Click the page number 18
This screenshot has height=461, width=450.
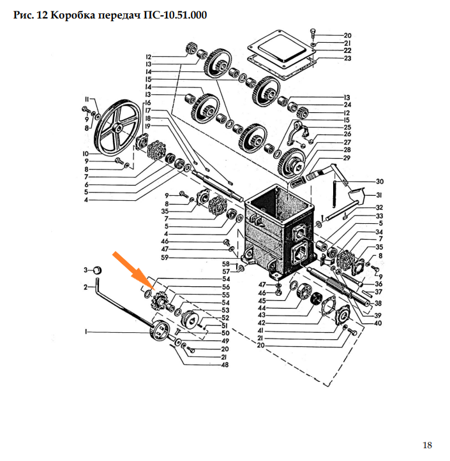[427, 445]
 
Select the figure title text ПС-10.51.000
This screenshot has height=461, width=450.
[175, 15]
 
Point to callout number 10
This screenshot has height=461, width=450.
[86, 154]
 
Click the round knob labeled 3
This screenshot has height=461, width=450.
[98, 270]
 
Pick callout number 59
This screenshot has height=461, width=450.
[165, 258]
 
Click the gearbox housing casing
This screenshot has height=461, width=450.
[278, 232]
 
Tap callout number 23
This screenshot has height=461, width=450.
[348, 58]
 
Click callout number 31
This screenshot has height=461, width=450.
[379, 195]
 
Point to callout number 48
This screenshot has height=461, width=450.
[225, 365]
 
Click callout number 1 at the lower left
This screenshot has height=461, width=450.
[86, 332]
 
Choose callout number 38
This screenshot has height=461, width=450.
[378, 303]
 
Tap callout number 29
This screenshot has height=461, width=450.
[347, 158]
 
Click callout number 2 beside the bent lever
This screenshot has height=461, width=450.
[86, 287]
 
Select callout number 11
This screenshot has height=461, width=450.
[87, 99]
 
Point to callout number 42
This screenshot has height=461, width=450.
[261, 323]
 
